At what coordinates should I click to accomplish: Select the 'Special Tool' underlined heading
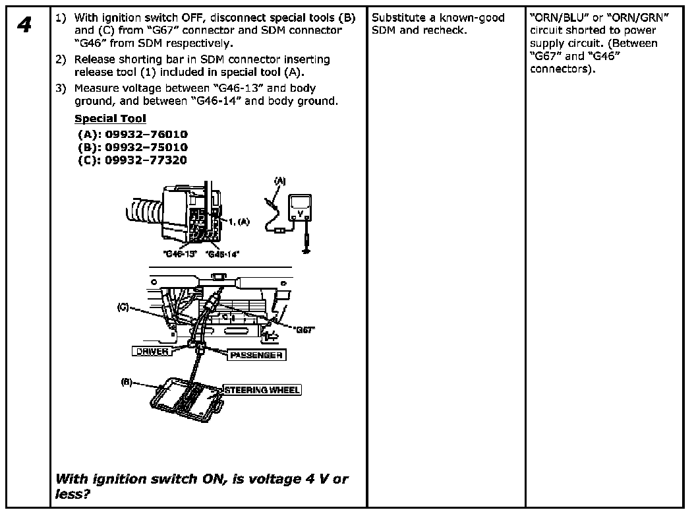[x=110, y=119]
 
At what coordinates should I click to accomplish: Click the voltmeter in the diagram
[x=300, y=212]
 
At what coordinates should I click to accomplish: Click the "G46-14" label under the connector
[x=222, y=253]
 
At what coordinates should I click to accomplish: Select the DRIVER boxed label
[x=152, y=352]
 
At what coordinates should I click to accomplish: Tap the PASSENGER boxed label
[x=256, y=355]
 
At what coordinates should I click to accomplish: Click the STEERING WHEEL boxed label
[x=262, y=390]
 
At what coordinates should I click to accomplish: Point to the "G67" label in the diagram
[x=304, y=329]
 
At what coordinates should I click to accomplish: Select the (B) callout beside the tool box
[x=127, y=381]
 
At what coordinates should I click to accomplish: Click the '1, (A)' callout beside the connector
[x=239, y=222]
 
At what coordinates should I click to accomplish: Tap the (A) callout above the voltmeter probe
[x=280, y=179]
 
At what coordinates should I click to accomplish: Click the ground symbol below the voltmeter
[x=305, y=250]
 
